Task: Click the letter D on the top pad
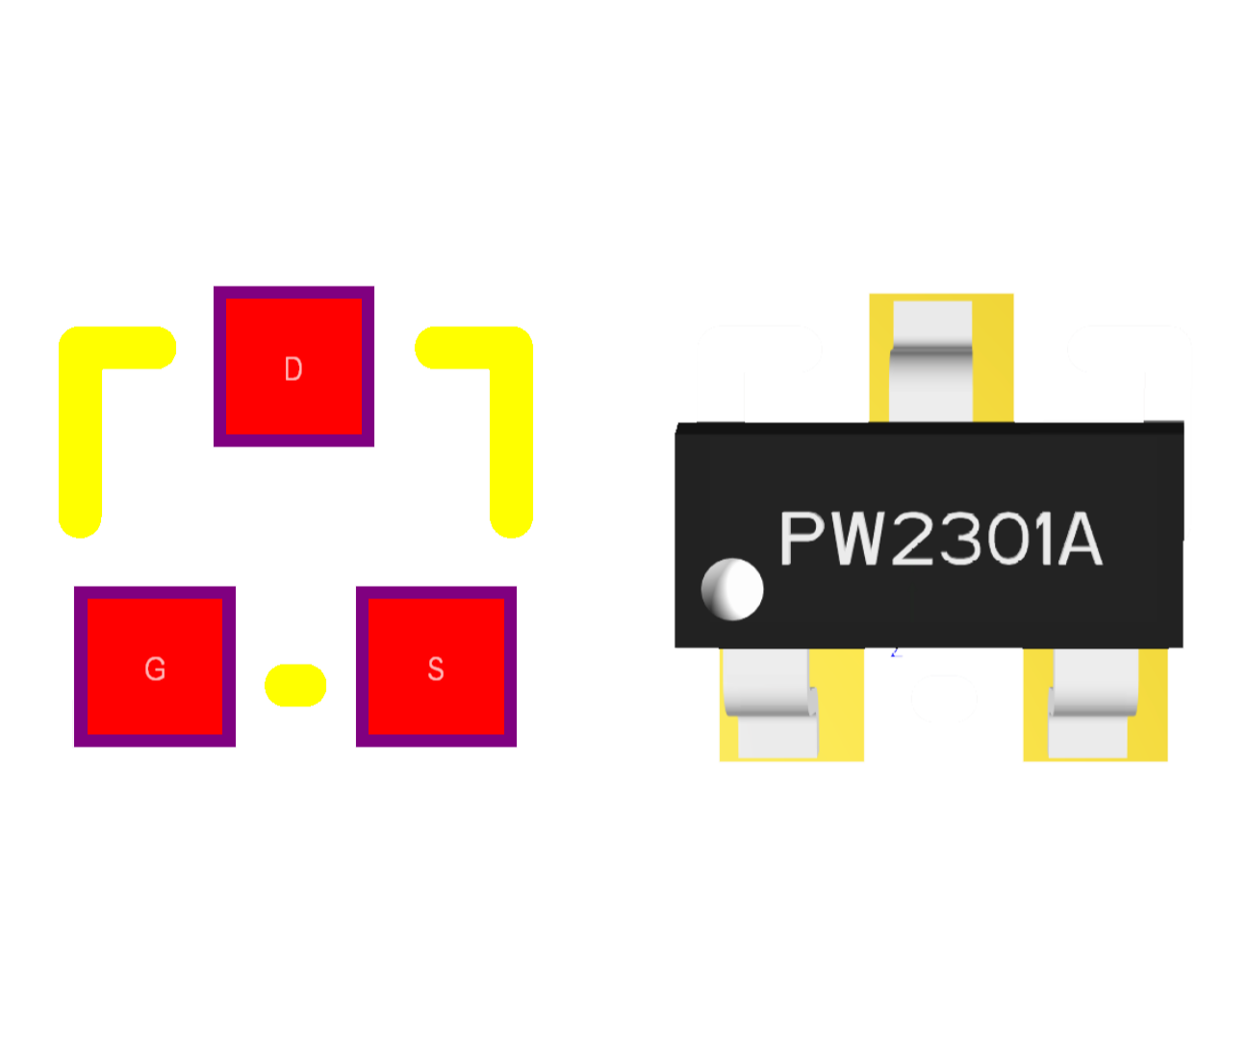tap(293, 368)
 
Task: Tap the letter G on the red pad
tap(155, 669)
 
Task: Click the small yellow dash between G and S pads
tap(295, 685)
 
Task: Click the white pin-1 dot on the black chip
tap(732, 589)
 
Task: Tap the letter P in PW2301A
tap(803, 539)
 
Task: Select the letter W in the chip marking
tap(858, 539)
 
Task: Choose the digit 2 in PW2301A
tap(917, 539)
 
